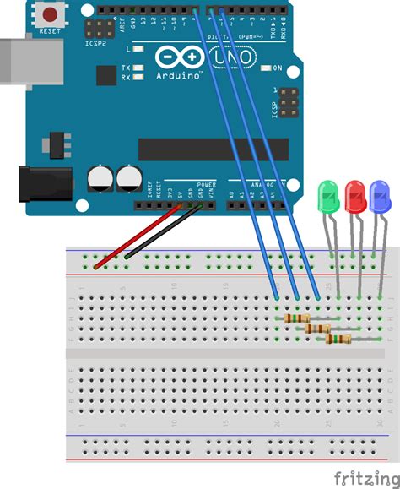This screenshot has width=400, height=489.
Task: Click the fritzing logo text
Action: [365, 476]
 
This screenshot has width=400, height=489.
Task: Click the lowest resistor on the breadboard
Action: [338, 339]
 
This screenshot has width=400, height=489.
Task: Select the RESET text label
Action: [51, 31]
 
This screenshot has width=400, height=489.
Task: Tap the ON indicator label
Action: [277, 68]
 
